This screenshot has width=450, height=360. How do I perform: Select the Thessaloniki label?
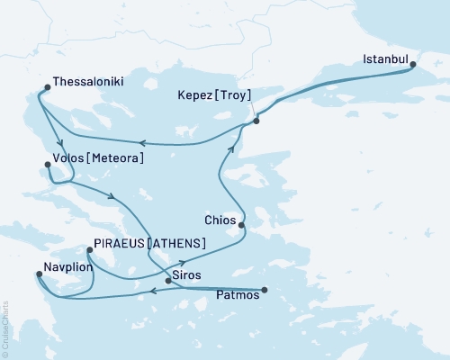[x=88, y=81]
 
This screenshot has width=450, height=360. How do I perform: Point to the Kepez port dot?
[x=256, y=121]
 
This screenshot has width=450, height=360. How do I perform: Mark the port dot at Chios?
[x=241, y=222]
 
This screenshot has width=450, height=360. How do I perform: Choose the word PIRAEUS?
[x=121, y=244]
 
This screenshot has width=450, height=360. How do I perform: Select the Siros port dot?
[x=168, y=281]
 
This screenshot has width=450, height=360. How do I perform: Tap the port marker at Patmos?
[x=265, y=290]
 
